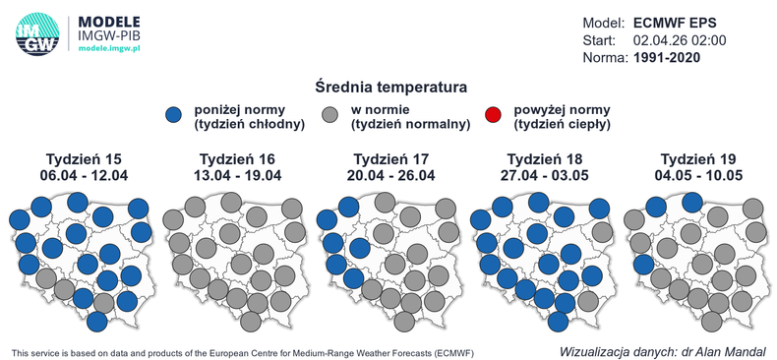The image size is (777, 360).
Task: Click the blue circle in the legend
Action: coord(175,116)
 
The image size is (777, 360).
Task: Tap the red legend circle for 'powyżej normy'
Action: coord(493,116)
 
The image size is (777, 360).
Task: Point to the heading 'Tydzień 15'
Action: coord(87,158)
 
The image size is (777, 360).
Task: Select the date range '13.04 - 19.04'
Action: coord(240,175)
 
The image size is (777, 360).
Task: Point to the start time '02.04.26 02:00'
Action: coord(680,40)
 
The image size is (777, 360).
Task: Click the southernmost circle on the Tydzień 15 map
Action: coord(96,321)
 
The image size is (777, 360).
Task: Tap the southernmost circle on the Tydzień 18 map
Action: coord(559,321)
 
